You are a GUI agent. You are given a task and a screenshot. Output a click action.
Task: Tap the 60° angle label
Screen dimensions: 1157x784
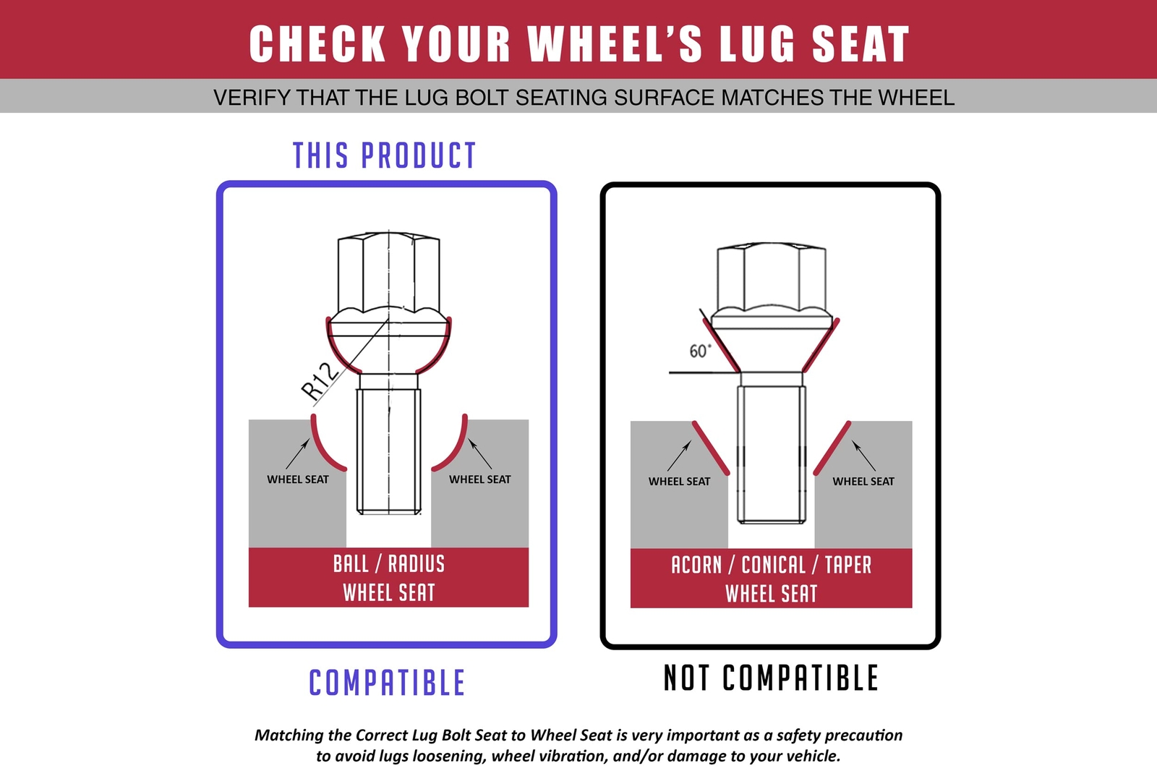click(x=700, y=351)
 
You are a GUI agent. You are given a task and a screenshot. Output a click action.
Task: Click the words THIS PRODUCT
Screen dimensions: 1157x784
click(x=384, y=155)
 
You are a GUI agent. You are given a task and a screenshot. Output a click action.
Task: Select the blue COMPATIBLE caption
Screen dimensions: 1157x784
click(x=387, y=682)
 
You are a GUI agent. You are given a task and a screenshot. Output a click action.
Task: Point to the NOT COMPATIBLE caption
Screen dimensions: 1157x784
click(x=771, y=678)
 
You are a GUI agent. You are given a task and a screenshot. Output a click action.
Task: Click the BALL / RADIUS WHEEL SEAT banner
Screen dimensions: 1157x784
click(x=388, y=577)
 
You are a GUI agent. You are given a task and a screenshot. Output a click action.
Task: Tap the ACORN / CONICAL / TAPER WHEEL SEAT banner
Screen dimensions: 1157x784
click(x=771, y=579)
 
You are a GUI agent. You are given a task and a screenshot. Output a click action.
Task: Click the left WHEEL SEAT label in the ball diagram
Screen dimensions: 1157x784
click(x=297, y=480)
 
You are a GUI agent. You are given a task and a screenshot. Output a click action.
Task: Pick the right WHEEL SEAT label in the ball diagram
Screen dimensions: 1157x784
click(x=479, y=480)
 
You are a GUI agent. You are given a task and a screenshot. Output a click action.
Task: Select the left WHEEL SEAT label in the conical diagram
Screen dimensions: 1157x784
click(x=679, y=482)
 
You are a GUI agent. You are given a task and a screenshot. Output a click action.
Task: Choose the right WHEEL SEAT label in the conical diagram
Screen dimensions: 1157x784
click(x=863, y=482)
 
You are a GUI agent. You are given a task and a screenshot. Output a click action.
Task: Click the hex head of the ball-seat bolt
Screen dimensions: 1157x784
click(x=388, y=273)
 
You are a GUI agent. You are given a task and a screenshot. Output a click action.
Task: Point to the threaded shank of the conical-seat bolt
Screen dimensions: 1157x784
click(x=771, y=454)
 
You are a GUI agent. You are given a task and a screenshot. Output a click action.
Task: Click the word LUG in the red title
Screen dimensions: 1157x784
click(x=758, y=44)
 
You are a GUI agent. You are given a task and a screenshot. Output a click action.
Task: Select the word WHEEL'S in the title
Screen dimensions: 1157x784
click(x=615, y=44)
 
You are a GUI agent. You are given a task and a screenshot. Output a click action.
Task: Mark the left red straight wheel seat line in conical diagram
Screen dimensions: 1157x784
click(x=711, y=448)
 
